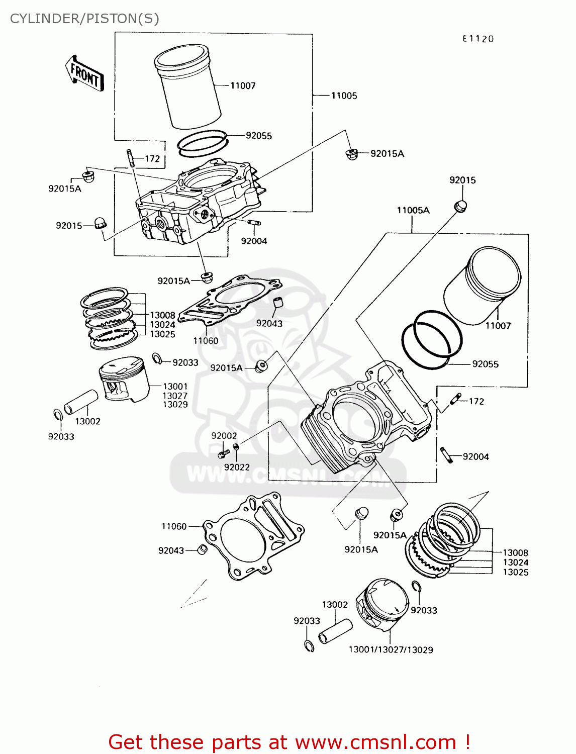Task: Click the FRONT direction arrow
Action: pyautogui.click(x=84, y=74)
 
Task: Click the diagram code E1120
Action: pyautogui.click(x=478, y=39)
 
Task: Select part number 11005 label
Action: pyautogui.click(x=344, y=96)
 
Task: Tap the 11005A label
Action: pyautogui.click(x=413, y=210)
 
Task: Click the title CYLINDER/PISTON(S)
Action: pyautogui.click(x=84, y=19)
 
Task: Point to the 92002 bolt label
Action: pyautogui.click(x=224, y=436)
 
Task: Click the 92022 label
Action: pyautogui.click(x=237, y=467)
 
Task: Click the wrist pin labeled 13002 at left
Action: pyautogui.click(x=80, y=402)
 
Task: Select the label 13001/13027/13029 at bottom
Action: pyautogui.click(x=391, y=649)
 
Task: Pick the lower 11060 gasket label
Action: pyautogui.click(x=174, y=526)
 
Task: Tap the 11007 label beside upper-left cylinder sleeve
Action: pyautogui.click(x=243, y=85)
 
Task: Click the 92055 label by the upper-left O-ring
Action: pyautogui.click(x=258, y=136)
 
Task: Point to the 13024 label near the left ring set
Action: pyautogui.click(x=162, y=325)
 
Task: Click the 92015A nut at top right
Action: pyautogui.click(x=351, y=154)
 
